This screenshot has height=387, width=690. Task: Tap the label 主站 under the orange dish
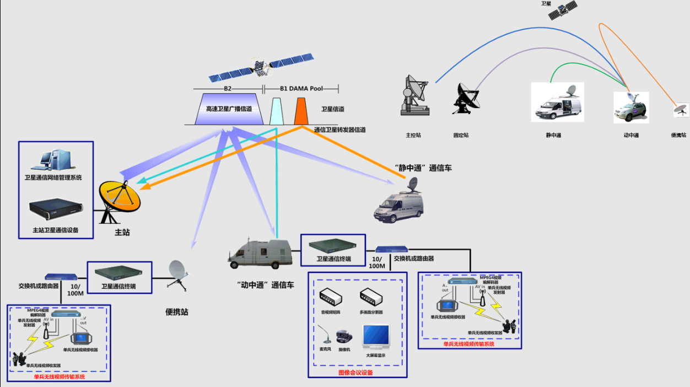point(122,233)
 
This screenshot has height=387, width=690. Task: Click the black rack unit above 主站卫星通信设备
point(56,208)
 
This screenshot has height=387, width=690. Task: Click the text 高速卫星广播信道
point(229,109)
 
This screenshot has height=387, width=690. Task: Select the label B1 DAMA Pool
point(301,88)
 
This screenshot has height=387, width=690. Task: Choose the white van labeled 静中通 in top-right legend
point(557,103)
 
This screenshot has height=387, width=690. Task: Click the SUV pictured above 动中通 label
point(631,108)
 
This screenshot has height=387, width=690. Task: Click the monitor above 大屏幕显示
point(376,336)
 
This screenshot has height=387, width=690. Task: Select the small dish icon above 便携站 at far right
point(681,110)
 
